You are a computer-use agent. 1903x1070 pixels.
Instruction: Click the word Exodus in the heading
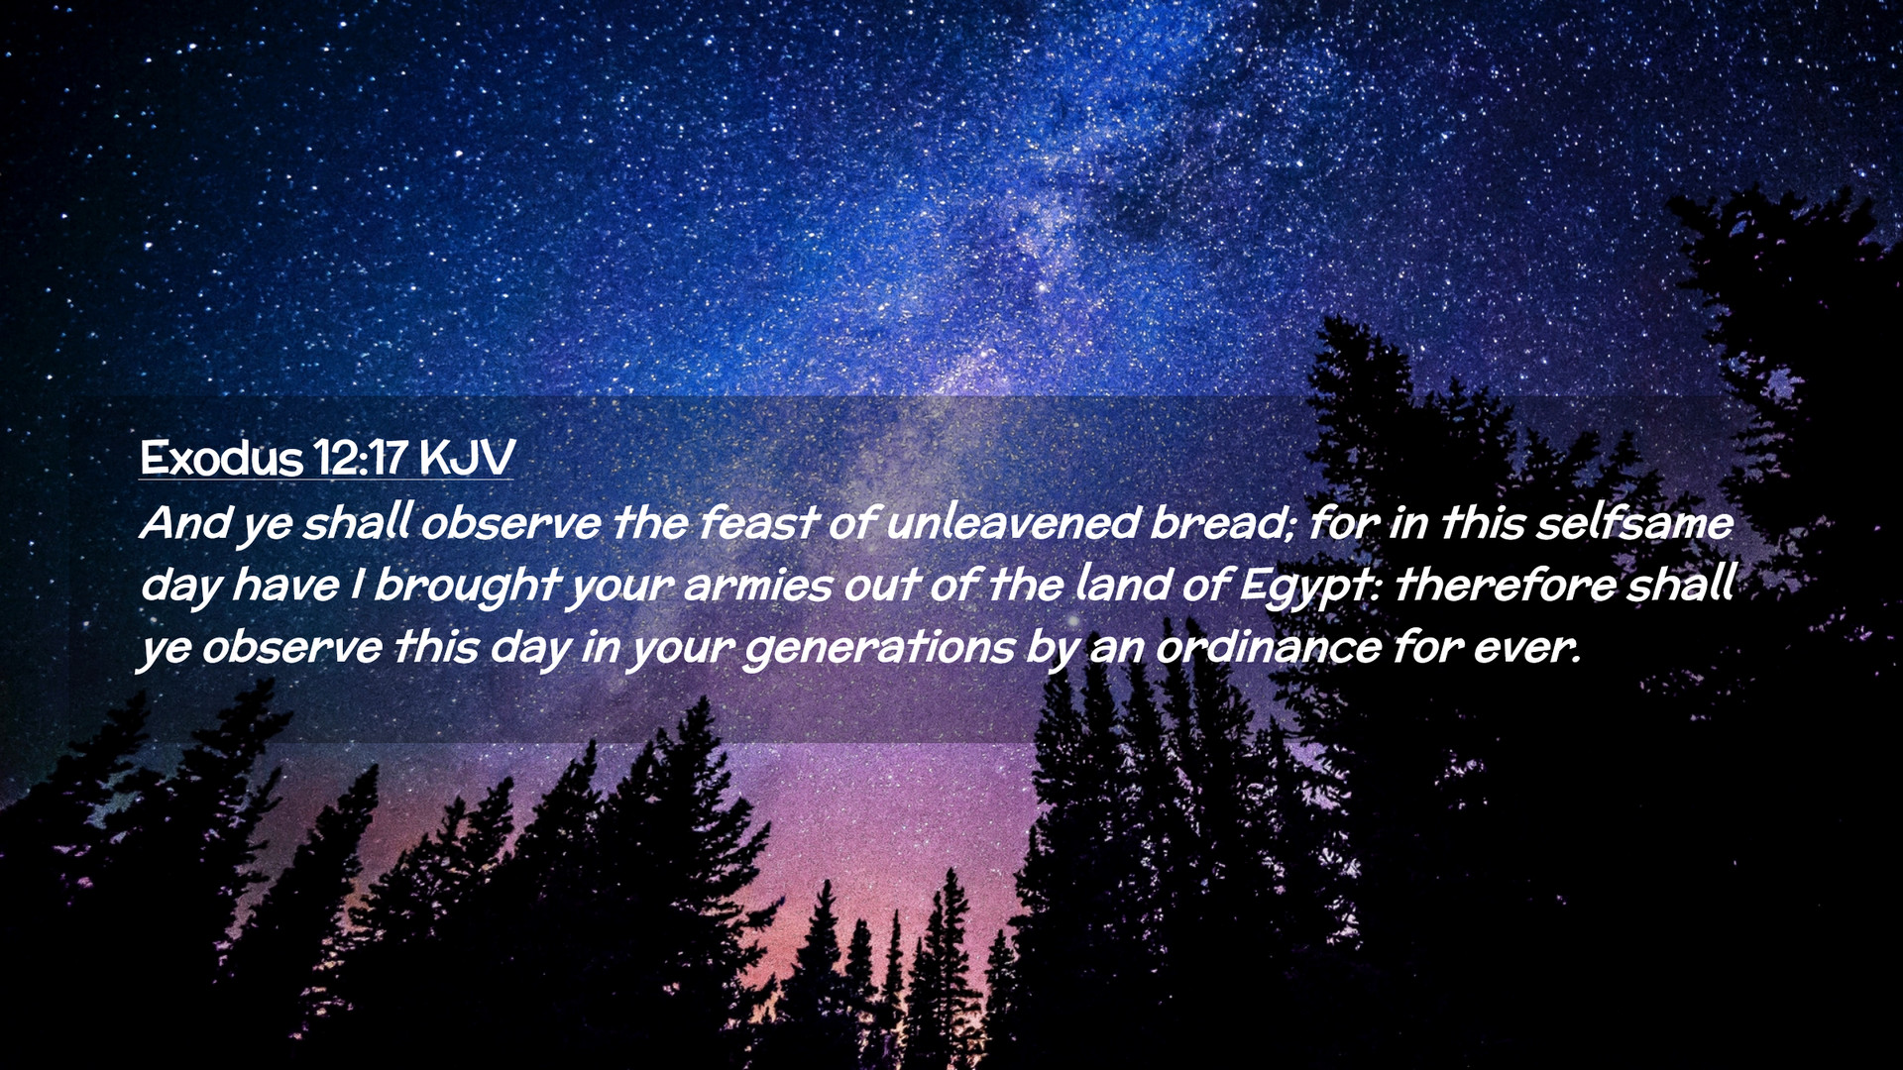[221, 458]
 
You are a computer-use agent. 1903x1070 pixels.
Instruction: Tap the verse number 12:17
[361, 458]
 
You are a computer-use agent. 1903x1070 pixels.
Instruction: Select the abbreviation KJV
[467, 458]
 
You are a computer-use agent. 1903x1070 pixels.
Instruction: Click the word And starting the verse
[185, 523]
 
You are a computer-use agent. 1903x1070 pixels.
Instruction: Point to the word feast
[758, 523]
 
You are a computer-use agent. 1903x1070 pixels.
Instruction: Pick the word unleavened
[1010, 523]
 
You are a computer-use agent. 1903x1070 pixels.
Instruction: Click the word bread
[1217, 523]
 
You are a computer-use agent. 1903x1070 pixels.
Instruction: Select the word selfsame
[1633, 523]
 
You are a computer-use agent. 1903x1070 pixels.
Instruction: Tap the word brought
[467, 585]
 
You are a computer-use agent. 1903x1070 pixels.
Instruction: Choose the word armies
[757, 586]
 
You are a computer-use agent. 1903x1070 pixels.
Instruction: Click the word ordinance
[1269, 647]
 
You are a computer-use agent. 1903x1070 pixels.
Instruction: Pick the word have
[286, 585]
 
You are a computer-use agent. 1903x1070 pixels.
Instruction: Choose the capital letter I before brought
[357, 586]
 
